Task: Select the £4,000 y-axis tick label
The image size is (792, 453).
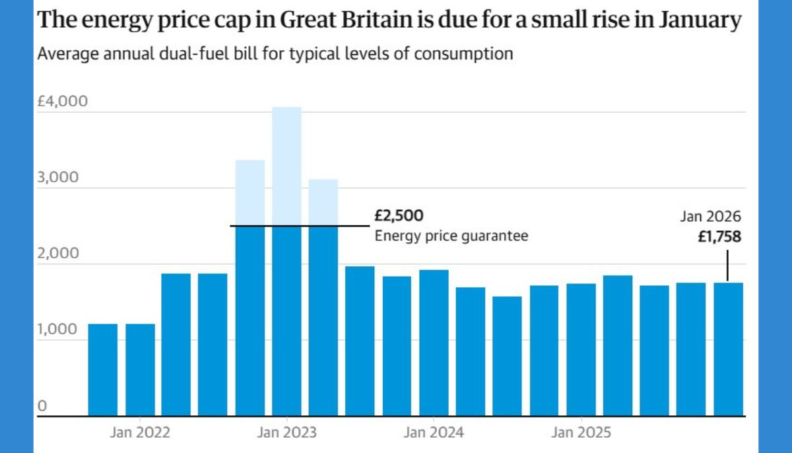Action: pyautogui.click(x=63, y=102)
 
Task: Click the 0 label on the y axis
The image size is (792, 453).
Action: pyautogui.click(x=42, y=406)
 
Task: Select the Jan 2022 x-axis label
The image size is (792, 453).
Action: pyautogui.click(x=140, y=433)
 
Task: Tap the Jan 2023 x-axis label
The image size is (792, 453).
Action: pyautogui.click(x=286, y=433)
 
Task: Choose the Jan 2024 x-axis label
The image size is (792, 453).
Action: pyautogui.click(x=434, y=433)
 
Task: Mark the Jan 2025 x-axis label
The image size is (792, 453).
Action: pyautogui.click(x=581, y=433)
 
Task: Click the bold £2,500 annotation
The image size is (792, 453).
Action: pyautogui.click(x=399, y=216)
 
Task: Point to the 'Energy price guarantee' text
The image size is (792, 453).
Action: pyautogui.click(x=451, y=236)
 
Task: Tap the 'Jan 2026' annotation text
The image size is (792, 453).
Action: pyautogui.click(x=710, y=217)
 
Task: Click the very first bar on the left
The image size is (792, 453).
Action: pyautogui.click(x=103, y=370)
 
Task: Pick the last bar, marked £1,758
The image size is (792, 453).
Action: pyautogui.click(x=728, y=349)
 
